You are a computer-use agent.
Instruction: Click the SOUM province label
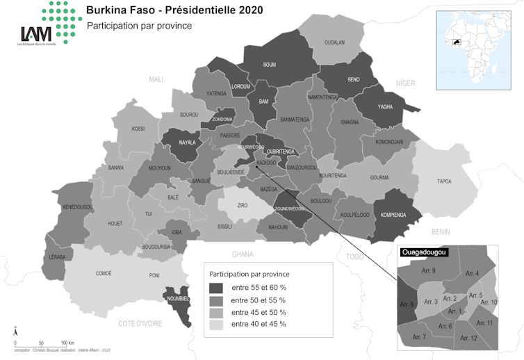click(270, 65)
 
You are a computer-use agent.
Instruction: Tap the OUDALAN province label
click(334, 42)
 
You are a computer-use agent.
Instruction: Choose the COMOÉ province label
click(104, 273)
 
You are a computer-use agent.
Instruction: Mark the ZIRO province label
click(243, 206)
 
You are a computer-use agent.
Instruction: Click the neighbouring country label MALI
click(156, 80)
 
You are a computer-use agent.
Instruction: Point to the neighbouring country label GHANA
click(243, 254)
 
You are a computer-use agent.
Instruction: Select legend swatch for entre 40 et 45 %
click(218, 324)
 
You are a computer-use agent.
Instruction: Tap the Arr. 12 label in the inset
click(468, 338)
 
